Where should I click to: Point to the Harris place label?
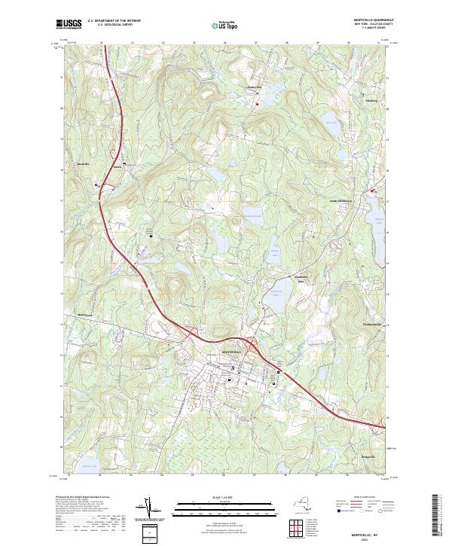117,167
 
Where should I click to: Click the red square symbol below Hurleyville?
256,104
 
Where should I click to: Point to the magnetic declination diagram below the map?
151,508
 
